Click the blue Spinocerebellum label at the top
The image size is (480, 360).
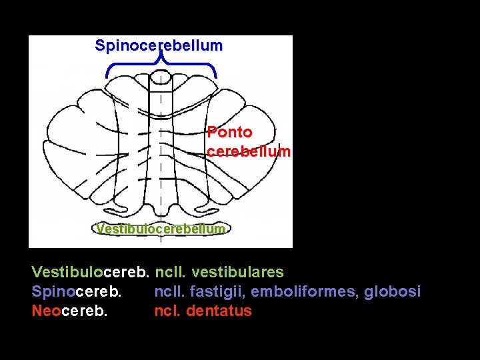click(x=159, y=46)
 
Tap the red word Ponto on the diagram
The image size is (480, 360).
click(x=229, y=133)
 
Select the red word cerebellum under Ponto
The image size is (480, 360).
click(x=249, y=151)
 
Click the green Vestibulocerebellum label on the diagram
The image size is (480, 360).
click(x=160, y=229)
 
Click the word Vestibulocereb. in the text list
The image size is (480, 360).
click(x=91, y=272)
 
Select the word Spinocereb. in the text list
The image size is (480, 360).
click(x=77, y=291)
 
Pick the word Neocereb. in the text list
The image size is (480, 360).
click(x=69, y=311)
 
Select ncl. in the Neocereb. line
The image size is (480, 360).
click(x=167, y=311)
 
